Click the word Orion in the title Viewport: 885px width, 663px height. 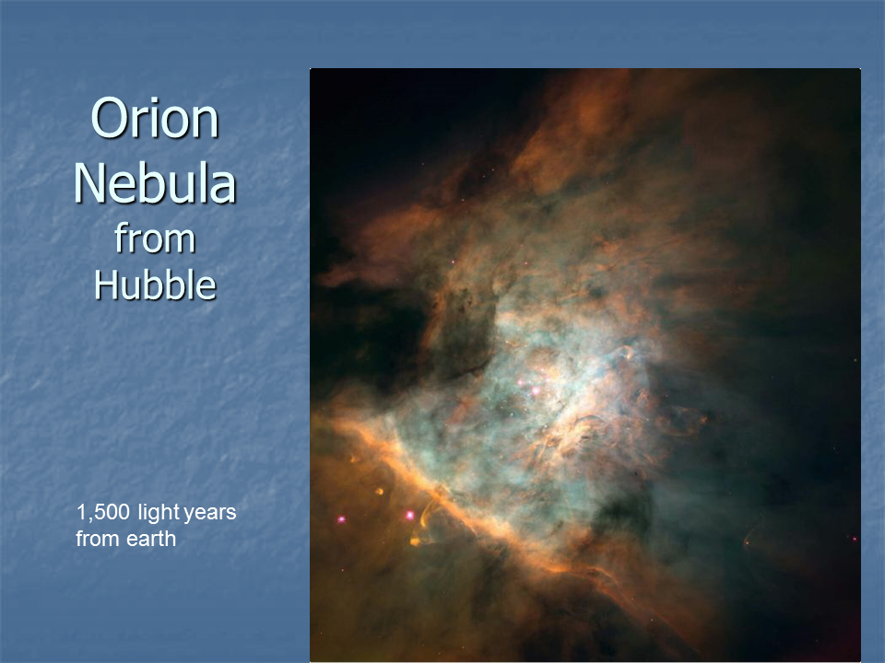(155, 119)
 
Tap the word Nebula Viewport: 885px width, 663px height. (155, 182)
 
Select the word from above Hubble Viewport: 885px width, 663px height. (155, 238)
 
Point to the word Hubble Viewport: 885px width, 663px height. (155, 285)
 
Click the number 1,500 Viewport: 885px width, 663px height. (102, 513)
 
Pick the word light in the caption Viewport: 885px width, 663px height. (159, 513)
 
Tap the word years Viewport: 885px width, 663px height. (210, 514)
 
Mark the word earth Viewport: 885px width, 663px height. (150, 539)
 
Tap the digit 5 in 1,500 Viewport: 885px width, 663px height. (97, 513)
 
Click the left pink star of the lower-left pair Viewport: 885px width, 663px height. (341, 519)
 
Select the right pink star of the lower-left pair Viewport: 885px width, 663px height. (409, 516)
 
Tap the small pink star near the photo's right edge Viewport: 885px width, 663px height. (855, 539)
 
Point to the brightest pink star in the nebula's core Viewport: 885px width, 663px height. (535, 390)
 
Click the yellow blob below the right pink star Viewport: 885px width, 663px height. (416, 541)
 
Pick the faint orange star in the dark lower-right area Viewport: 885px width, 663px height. (747, 543)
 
